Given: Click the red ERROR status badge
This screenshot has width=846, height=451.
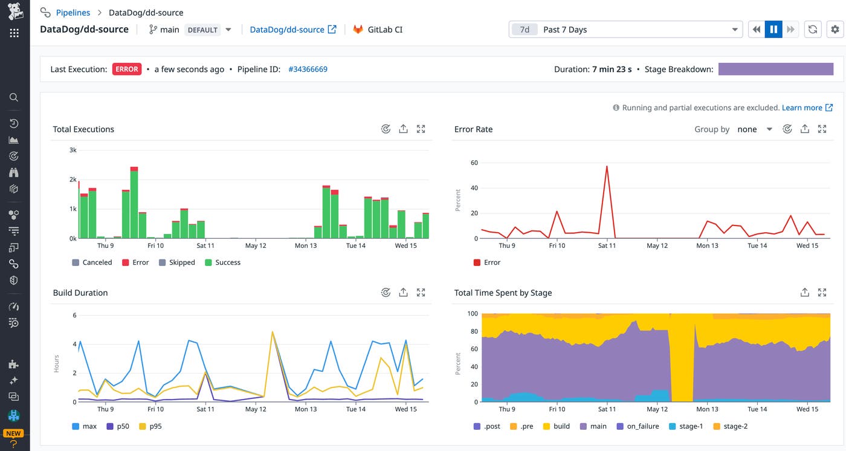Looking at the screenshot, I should pyautogui.click(x=127, y=70).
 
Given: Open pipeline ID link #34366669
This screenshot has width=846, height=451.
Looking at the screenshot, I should pyautogui.click(x=308, y=70).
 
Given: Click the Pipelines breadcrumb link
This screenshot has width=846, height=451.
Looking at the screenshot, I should pyautogui.click(x=73, y=12).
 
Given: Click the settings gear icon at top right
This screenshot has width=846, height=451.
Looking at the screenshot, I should pyautogui.click(x=835, y=30).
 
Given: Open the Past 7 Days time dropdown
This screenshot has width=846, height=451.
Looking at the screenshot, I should pyautogui.click(x=625, y=30).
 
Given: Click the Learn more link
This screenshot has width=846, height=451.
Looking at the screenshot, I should pyautogui.click(x=802, y=108).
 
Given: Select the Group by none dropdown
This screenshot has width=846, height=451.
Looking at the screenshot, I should pyautogui.click(x=754, y=129).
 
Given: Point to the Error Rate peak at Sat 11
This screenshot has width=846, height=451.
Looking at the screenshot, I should pyautogui.click(x=607, y=166).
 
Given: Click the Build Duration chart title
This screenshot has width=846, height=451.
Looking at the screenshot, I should pyautogui.click(x=80, y=293).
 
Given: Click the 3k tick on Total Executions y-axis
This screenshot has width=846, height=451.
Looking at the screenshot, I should pyautogui.click(x=73, y=150).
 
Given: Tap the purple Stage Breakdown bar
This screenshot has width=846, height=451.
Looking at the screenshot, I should pyautogui.click(x=775, y=70).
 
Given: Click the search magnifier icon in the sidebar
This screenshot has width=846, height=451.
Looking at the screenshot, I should pyautogui.click(x=14, y=97).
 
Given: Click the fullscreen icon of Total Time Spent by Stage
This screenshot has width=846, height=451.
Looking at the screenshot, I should pyautogui.click(x=822, y=293).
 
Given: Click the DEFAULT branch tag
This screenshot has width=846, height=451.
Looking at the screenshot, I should pyautogui.click(x=202, y=30).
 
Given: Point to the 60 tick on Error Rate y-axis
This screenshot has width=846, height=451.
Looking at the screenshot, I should pyautogui.click(x=474, y=163).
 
